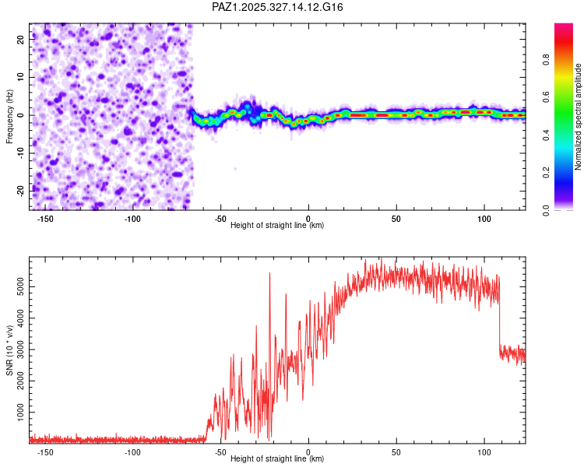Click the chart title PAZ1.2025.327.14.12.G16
click(x=277, y=7)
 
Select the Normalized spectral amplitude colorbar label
click(x=579, y=117)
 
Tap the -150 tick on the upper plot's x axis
click(x=44, y=218)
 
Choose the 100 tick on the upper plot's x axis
click(x=484, y=218)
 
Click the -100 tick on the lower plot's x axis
click(x=132, y=451)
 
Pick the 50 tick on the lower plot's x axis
click(x=396, y=451)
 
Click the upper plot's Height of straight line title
click(x=277, y=226)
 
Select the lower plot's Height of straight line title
click(x=277, y=459)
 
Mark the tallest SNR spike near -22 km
click(x=269, y=273)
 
